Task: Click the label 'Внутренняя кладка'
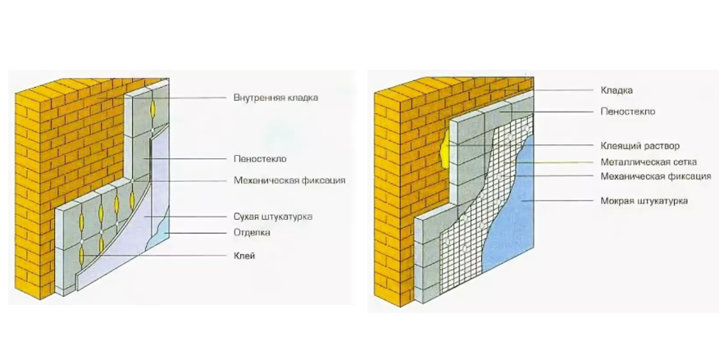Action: click(275, 98)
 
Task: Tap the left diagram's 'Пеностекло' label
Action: click(260, 159)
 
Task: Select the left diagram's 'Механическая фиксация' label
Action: click(289, 180)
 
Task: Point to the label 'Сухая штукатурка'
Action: click(273, 216)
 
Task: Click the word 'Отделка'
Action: click(252, 233)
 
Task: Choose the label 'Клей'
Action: click(244, 255)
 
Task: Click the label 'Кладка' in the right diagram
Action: click(617, 90)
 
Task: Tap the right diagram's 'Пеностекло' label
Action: click(628, 112)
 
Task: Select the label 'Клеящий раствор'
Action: click(639, 146)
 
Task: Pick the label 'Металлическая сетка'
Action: click(648, 162)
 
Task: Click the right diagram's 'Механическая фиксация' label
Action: click(656, 176)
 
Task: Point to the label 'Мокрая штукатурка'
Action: click(644, 201)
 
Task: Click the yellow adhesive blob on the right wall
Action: click(444, 148)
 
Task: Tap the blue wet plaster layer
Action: click(512, 216)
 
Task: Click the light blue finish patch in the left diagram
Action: click(162, 230)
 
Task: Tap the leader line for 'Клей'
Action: click(156, 255)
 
